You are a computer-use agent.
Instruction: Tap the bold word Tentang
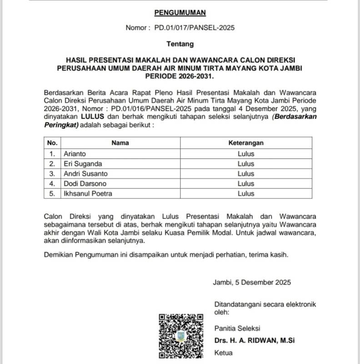click(x=180, y=44)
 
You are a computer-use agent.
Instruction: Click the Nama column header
click(x=120, y=143)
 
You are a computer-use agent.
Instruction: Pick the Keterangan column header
click(x=246, y=143)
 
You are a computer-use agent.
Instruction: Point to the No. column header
click(x=52, y=143)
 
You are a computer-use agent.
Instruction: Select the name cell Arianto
click(x=75, y=153)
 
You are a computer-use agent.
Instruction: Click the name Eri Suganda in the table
click(x=83, y=163)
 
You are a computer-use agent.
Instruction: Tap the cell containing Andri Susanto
click(x=85, y=173)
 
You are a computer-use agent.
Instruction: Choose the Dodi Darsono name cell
click(x=85, y=183)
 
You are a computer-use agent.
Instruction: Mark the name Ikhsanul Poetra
click(x=87, y=193)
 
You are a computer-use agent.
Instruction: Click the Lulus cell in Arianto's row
click(x=246, y=153)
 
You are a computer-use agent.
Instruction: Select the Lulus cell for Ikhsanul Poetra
click(x=246, y=193)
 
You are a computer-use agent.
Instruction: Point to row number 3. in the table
click(x=52, y=173)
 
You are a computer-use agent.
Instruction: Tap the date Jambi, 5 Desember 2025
click(x=252, y=282)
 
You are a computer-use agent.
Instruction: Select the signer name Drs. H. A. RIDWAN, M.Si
click(x=257, y=340)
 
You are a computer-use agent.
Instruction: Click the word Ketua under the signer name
click(x=223, y=353)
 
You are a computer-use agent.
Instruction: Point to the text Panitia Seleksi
click(x=237, y=328)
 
